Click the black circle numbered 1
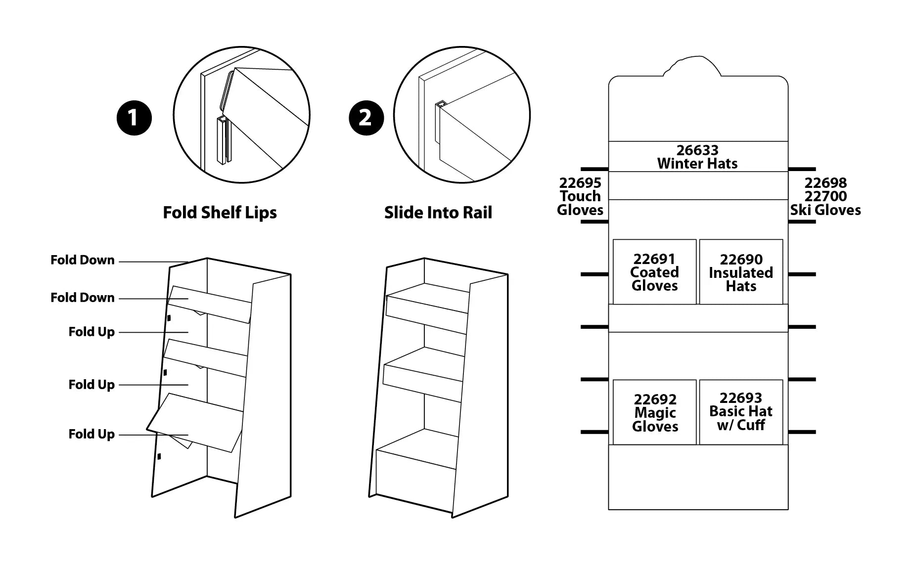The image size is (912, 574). (x=134, y=118)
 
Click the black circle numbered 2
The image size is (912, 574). (x=365, y=118)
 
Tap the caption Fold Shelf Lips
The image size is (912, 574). (x=220, y=213)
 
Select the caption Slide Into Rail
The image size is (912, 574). (x=438, y=213)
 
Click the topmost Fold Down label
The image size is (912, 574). (x=82, y=260)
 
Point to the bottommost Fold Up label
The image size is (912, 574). (x=91, y=434)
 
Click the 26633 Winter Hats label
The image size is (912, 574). (x=697, y=157)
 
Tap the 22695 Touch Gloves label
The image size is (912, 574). (x=580, y=196)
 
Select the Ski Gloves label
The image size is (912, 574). (x=825, y=210)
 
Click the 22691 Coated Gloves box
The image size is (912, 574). (x=654, y=272)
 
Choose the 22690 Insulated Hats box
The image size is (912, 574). (x=741, y=272)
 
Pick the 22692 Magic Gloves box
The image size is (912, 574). (x=655, y=412)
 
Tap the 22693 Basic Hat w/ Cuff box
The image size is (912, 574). (x=741, y=412)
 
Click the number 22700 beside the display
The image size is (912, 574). (x=825, y=196)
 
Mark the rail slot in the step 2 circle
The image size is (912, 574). (x=440, y=105)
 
